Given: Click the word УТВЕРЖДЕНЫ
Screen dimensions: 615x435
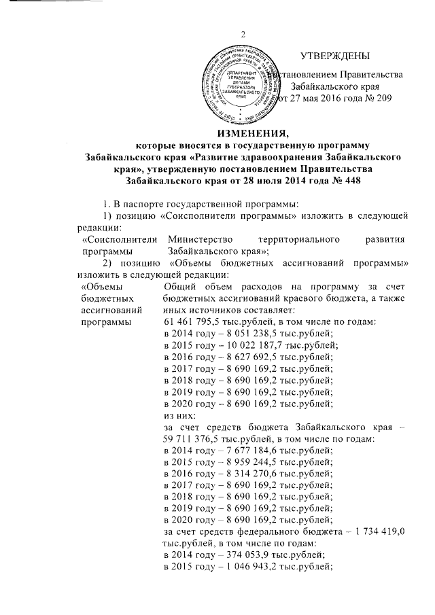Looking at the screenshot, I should point(336,55).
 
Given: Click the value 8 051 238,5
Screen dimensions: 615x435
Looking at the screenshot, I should point(241,336).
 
